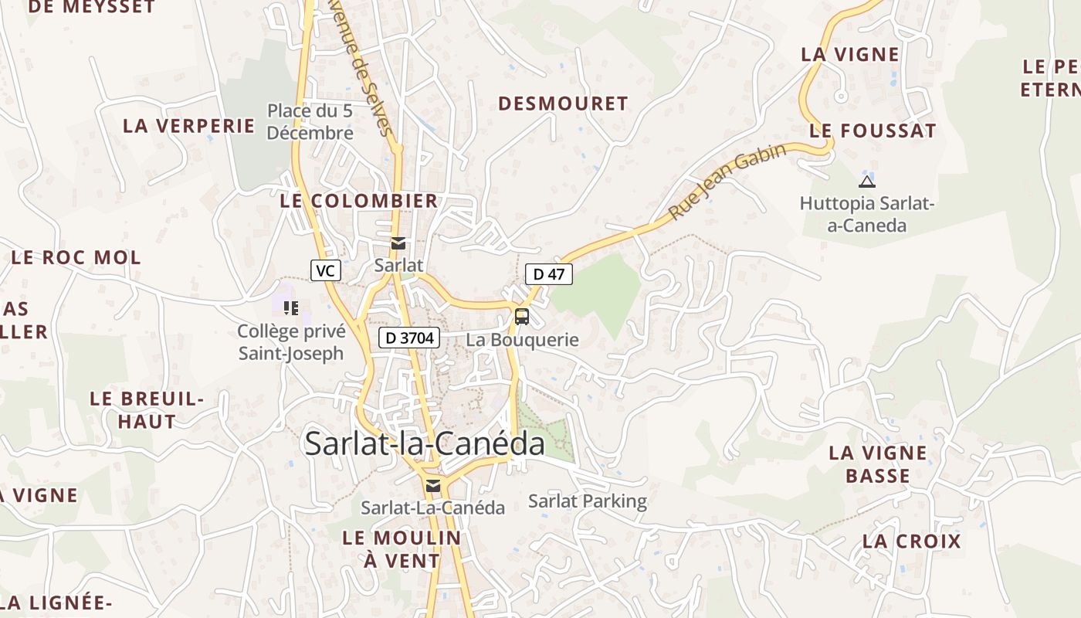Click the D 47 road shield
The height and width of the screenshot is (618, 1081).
pos(549,273)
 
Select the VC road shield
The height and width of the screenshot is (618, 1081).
pos(326,270)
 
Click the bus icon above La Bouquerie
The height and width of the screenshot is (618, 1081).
pos(522,316)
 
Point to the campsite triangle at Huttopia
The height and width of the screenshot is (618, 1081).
pos(867,182)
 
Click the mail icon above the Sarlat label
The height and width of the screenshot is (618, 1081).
pos(398,243)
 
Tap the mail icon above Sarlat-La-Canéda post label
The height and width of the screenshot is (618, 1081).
pos(433,485)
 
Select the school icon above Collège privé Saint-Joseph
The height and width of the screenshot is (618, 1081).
pos(291,308)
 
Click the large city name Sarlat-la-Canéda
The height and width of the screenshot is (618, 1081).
pos(425,443)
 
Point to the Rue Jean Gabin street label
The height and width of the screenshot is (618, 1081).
pos(727,181)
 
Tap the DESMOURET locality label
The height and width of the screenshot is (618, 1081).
pos(563,104)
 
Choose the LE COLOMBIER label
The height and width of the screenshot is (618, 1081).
pos(359,202)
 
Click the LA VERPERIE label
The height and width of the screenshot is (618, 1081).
pos(188,126)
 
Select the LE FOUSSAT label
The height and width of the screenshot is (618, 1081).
pos(873,131)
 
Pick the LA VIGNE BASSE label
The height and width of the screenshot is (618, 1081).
pos(878,464)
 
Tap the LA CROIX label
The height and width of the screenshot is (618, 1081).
pos(912,542)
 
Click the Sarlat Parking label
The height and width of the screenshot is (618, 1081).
pos(588,501)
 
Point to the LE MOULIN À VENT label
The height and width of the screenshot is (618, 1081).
pos(402,549)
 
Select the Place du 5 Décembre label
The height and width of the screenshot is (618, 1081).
pos(310,122)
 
